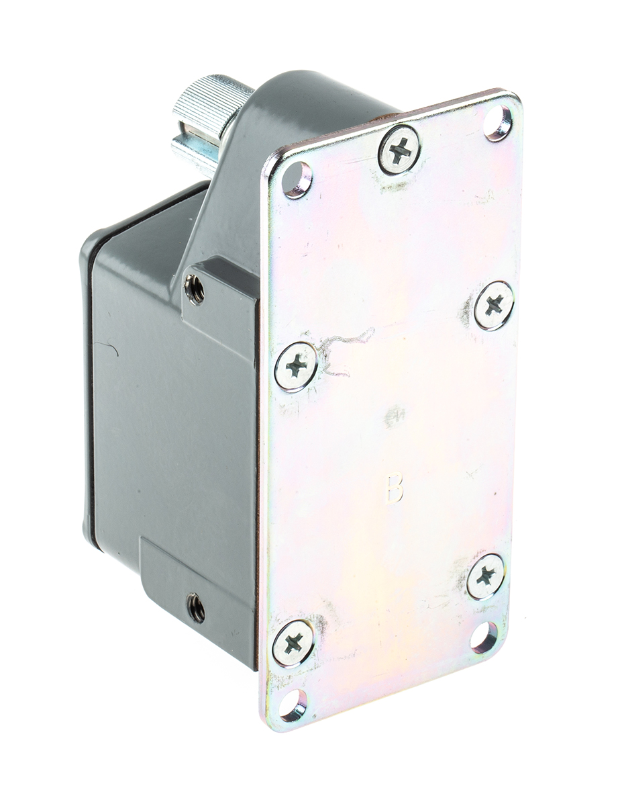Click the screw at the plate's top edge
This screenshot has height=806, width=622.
tap(399, 150)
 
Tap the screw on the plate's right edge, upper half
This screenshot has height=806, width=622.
tap(494, 306)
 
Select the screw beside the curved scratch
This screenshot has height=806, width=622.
tap(296, 367)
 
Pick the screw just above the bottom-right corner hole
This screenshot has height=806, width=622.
tap(485, 576)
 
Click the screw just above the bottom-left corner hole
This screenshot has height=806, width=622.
tap(293, 643)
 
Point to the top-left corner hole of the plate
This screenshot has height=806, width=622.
tap(297, 179)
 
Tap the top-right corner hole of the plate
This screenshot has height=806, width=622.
tap(498, 123)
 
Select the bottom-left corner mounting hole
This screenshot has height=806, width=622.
tap(293, 705)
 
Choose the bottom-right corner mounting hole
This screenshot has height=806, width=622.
tap(483, 637)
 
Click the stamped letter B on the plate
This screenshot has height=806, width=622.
tap(395, 488)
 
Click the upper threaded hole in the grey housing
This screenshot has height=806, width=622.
tap(195, 289)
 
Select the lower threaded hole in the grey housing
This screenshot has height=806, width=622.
tap(196, 608)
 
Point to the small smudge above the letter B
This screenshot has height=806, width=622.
tap(395, 416)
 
